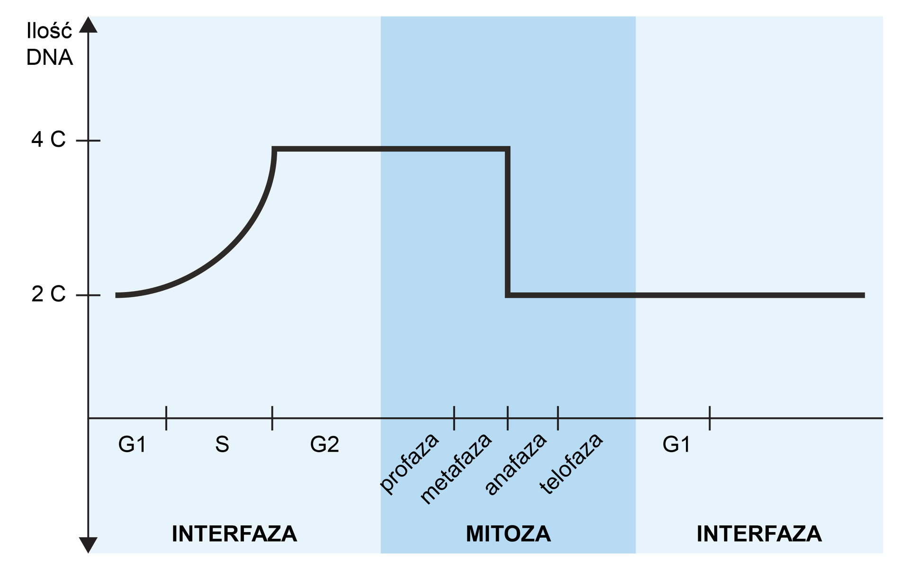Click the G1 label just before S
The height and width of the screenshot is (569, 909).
click(x=132, y=445)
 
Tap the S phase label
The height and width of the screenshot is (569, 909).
click(x=222, y=445)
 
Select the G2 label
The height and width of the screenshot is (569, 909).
click(x=324, y=445)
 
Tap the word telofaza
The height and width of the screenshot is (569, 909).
click(x=571, y=464)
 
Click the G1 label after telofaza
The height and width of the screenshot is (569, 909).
click(x=676, y=445)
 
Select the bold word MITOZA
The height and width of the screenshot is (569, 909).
click(x=508, y=533)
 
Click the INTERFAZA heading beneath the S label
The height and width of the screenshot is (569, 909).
click(x=234, y=533)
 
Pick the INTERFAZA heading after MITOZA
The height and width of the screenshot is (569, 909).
click(x=759, y=533)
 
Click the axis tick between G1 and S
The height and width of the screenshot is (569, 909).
click(x=166, y=418)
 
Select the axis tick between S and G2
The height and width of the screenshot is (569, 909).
click(x=272, y=418)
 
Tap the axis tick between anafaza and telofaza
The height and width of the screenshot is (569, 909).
click(x=558, y=418)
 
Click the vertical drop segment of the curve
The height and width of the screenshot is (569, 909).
click(x=507, y=222)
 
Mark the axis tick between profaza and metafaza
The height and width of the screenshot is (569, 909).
click(x=454, y=418)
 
